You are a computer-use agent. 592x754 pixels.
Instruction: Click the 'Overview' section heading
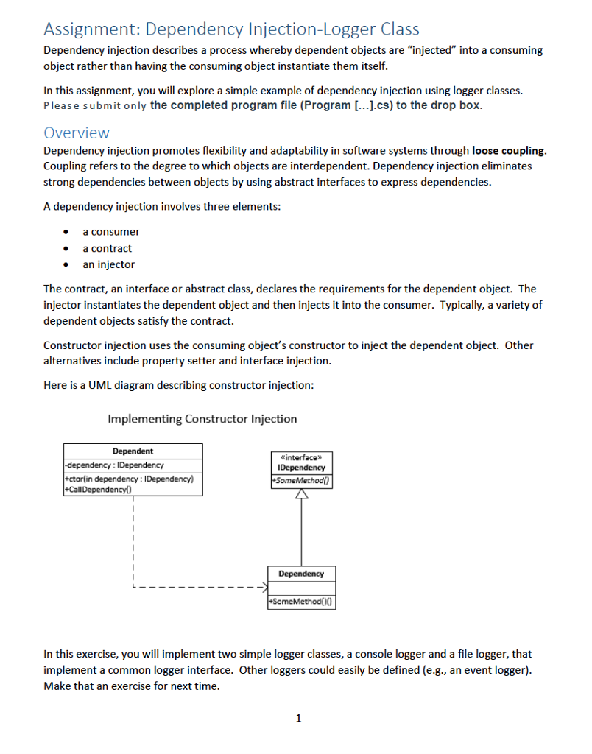click(77, 133)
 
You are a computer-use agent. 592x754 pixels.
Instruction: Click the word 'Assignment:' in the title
click(91, 29)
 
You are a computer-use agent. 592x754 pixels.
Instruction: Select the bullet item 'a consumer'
click(110, 231)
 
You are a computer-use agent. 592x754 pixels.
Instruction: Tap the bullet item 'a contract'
click(107, 248)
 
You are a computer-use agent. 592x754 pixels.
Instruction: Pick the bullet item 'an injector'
click(108, 264)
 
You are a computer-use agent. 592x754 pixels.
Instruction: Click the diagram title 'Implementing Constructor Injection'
click(202, 419)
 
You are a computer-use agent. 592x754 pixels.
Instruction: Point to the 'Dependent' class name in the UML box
click(133, 451)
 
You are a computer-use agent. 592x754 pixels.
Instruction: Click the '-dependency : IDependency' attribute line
click(114, 465)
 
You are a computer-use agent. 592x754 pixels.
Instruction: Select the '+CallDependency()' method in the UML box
click(96, 489)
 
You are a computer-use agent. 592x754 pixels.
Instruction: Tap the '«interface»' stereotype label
click(300, 457)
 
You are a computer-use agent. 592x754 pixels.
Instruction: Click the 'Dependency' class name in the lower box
click(300, 574)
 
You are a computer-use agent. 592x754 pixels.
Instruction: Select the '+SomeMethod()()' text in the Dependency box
click(300, 602)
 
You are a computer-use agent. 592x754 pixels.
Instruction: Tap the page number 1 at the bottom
click(297, 718)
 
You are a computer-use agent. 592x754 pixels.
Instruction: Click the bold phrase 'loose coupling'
click(508, 150)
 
